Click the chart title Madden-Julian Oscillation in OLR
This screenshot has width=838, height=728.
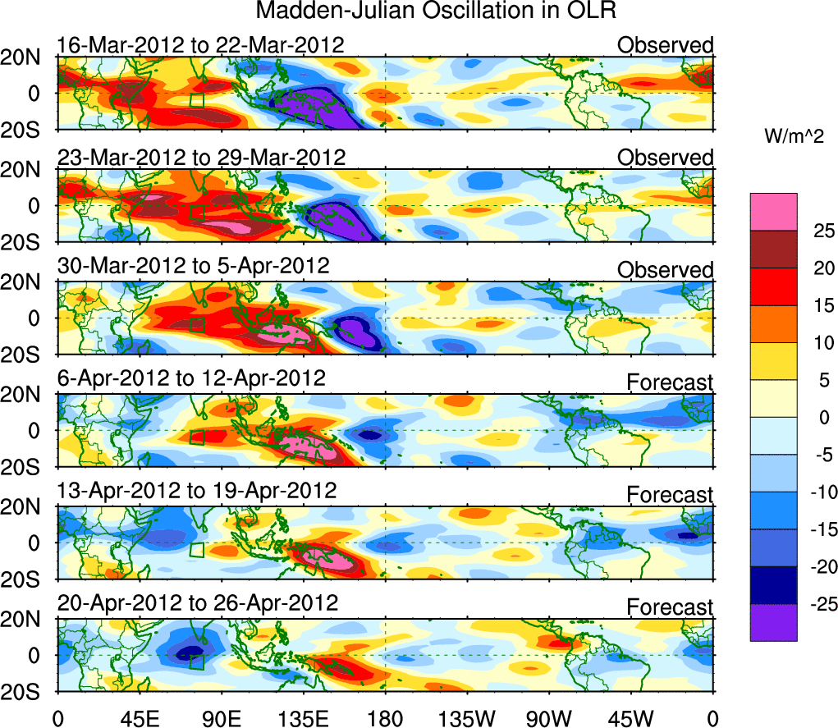click(x=436, y=11)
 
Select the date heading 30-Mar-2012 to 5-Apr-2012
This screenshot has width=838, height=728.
click(x=193, y=267)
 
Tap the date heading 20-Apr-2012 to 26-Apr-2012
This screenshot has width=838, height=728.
click(x=197, y=603)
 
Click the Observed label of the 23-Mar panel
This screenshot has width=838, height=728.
click(x=666, y=158)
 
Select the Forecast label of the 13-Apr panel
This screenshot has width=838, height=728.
click(x=671, y=495)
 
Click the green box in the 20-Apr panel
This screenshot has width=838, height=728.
click(x=196, y=662)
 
